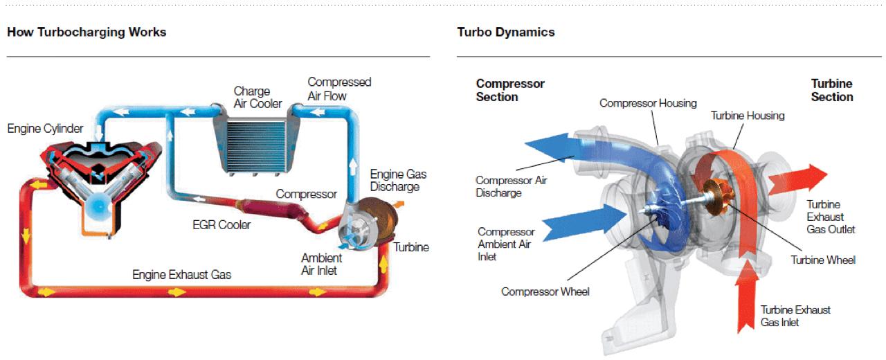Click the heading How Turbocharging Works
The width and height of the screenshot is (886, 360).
point(87,32)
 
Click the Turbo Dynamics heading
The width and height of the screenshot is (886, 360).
point(505,32)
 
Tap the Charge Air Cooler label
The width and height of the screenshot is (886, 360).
point(257,97)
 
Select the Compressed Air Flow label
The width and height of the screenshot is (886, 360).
point(339,89)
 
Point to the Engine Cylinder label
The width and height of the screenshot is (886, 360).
point(45,129)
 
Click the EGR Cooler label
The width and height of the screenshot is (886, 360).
point(221,224)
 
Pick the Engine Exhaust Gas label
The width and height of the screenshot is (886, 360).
point(181,275)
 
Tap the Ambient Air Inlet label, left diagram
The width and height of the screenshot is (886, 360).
point(319,264)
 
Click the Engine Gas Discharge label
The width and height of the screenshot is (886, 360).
point(395,180)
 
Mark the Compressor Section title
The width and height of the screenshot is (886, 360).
point(510,90)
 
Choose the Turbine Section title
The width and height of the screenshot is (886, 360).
point(831,90)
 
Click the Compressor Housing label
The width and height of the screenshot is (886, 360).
point(648,103)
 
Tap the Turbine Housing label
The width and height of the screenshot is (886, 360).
point(748,116)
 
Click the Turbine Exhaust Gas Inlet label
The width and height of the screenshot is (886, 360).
point(795,316)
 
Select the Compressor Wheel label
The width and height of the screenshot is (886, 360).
point(545,291)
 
